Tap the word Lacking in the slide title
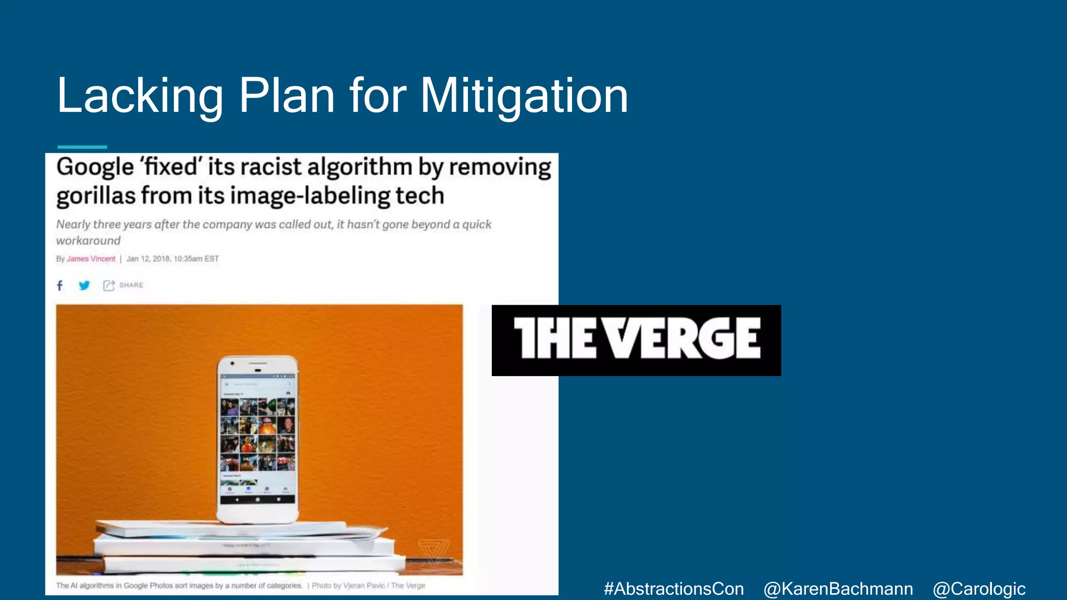[x=140, y=96]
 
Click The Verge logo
[x=636, y=340]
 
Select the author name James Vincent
[x=91, y=259]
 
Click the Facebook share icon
[x=60, y=285]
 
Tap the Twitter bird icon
[x=84, y=285]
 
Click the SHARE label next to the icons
[x=131, y=285]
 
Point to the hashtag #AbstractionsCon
[x=674, y=589]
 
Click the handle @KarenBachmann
[x=838, y=589]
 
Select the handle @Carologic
[x=979, y=589]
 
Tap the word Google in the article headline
[x=95, y=167]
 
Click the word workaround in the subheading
[x=88, y=241]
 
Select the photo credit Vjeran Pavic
[x=364, y=585]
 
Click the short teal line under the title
[x=82, y=147]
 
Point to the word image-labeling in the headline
[x=310, y=196]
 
